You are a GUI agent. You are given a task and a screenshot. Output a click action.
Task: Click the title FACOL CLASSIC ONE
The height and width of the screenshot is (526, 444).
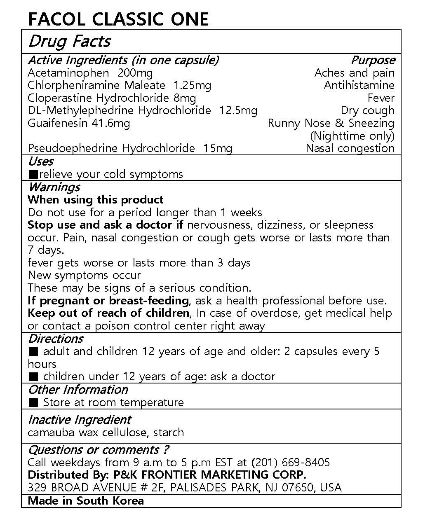118,19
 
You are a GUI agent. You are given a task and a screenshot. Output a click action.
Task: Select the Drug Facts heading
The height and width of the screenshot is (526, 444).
69,41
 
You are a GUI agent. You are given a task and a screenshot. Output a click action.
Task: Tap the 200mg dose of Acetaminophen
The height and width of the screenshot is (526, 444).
135,73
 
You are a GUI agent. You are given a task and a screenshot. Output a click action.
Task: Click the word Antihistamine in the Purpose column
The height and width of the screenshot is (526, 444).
359,85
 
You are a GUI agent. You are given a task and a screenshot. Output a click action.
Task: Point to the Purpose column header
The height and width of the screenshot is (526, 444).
373,60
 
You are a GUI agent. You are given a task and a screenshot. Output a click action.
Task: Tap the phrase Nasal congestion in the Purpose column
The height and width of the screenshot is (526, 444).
350,148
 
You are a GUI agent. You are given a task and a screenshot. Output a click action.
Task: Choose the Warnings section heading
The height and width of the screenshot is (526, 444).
54,187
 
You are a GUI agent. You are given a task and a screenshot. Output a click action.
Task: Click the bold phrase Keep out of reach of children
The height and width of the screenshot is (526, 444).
108,313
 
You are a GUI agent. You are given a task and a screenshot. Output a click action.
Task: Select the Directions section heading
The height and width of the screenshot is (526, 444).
56,339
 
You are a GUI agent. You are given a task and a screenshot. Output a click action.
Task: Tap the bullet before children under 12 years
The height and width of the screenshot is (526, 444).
34,376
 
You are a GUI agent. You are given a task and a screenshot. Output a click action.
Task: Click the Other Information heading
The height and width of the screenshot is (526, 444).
78,390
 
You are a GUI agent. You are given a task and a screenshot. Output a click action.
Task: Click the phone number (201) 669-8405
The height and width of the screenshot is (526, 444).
290,463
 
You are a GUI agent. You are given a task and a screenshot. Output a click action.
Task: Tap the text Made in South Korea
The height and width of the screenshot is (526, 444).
86,501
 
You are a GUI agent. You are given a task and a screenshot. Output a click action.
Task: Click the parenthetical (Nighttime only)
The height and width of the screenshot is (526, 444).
352,136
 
